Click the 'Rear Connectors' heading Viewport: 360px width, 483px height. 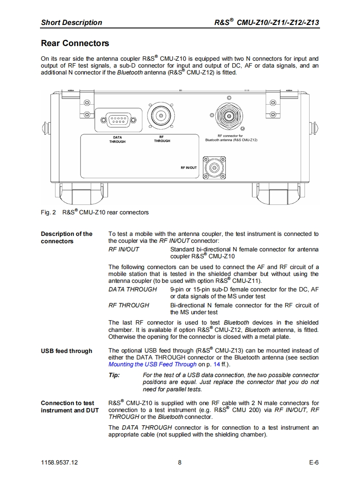75,43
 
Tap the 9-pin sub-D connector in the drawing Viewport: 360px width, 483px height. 117,120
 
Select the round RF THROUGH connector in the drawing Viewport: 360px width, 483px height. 161,116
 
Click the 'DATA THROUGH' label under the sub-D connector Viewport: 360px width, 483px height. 117,139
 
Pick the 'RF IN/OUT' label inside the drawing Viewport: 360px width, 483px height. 188,167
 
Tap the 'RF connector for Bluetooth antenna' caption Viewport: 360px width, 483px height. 231,138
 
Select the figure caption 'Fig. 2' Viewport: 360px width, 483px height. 48,212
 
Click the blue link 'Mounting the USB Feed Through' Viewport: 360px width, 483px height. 152,364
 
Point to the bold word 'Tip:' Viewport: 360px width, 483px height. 114,375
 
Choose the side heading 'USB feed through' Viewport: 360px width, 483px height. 66,351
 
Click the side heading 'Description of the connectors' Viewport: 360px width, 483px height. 66,238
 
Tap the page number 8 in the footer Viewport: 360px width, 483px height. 180,463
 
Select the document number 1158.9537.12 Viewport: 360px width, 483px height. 59,463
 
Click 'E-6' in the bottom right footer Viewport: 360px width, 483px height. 314,463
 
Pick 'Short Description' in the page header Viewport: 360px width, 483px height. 71,22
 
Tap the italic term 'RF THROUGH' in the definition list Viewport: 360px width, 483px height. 129,305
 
